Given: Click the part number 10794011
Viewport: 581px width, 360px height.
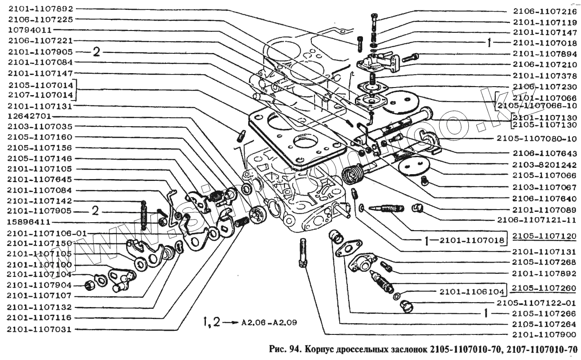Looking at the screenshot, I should [x=31, y=30].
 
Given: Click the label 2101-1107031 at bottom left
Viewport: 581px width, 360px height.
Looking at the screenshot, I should [x=40, y=329].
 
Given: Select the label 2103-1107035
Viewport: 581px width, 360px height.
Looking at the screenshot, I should [x=40, y=127].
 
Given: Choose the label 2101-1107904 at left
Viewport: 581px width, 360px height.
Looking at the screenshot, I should [x=40, y=285].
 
